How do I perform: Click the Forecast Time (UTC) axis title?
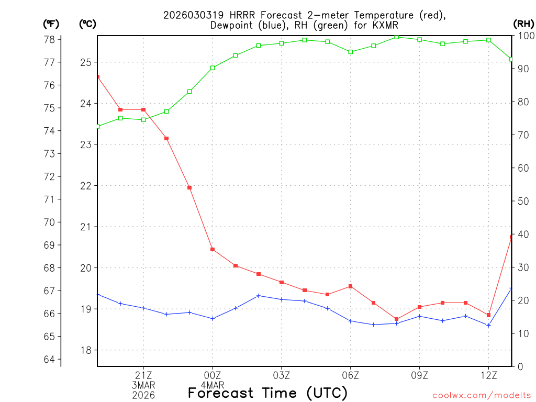267,393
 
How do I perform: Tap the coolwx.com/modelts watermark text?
482,395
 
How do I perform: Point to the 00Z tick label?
213,375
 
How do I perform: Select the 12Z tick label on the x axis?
488,375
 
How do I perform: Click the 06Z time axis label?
350,375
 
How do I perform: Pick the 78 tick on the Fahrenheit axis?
50,39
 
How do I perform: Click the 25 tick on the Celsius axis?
85,62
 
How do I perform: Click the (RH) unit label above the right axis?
523,24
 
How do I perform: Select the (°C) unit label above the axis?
87,24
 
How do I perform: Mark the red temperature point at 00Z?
213,249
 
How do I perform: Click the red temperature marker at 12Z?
488,315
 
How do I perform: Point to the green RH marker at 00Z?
213,68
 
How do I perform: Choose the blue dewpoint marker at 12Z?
488,326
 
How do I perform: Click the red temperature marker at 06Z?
350,286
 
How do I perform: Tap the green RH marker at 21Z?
143,120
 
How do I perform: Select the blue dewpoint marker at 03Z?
282,299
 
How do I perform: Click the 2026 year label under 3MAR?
143,395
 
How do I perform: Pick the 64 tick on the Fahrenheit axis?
50,359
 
